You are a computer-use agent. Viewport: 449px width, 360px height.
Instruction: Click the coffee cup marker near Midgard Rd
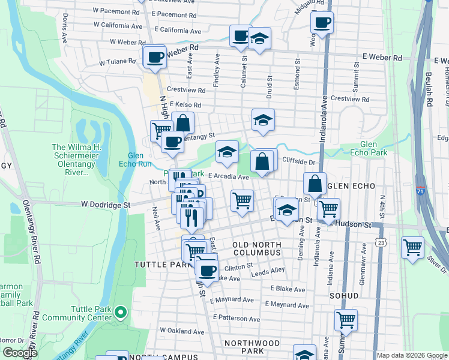322,23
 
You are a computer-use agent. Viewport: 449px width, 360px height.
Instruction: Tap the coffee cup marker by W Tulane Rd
155,58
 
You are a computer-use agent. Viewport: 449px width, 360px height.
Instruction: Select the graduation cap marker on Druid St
263,121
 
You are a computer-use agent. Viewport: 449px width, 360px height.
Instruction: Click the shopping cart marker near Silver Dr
412,247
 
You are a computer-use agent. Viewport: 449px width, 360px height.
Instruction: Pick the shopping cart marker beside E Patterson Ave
346,320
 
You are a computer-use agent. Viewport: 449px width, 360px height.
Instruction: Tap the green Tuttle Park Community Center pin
121,312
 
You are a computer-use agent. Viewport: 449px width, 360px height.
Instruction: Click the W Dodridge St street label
106,205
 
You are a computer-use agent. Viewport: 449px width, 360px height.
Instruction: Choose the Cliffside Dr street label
298,162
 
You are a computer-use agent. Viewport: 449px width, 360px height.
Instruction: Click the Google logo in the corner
20,353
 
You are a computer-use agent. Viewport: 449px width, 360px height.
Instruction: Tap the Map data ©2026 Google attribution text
412,355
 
